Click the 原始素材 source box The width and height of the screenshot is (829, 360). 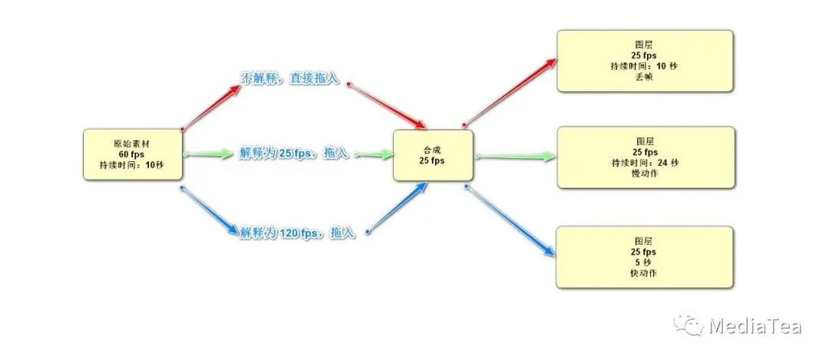(132, 154)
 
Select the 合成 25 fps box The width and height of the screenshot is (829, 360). (432, 155)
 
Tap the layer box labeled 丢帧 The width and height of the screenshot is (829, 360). (644, 61)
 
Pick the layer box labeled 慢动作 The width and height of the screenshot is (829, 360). (644, 157)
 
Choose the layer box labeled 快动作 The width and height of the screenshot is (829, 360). (644, 256)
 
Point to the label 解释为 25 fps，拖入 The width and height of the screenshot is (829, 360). (293, 154)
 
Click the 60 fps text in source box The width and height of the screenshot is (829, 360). (132, 154)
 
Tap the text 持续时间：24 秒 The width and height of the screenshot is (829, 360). (645, 163)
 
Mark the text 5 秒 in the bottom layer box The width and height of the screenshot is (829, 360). (645, 262)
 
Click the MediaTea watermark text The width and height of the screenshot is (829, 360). (755, 326)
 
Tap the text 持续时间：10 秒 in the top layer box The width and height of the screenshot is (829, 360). (645, 66)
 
